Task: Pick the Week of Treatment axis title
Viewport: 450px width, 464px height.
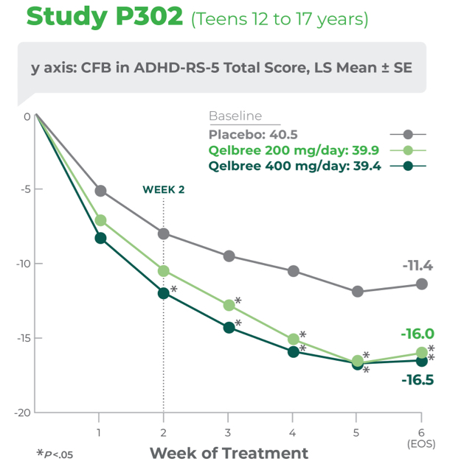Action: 229,452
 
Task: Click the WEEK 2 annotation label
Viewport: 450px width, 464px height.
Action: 163,189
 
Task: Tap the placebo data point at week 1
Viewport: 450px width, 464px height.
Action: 100,191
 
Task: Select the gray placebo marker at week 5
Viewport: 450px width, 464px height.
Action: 358,291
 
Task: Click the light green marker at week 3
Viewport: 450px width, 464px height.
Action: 229,305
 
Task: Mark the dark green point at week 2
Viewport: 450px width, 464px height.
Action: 164,293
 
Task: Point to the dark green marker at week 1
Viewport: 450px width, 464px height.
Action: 100,238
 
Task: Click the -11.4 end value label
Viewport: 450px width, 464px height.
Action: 418,265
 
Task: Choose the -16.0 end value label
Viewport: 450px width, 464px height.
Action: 418,334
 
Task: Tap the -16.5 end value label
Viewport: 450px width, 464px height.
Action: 418,381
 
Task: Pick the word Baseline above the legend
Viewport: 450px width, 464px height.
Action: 235,116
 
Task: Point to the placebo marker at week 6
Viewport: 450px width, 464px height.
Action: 422,284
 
